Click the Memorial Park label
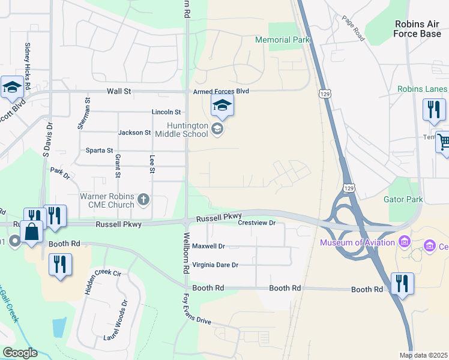282,40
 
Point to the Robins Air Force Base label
417,29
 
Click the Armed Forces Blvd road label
220,91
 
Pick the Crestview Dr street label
256,223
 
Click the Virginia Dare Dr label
215,265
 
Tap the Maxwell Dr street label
208,246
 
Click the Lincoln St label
166,112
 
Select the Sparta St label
99,150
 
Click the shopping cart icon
444,143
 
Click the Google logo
20,353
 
